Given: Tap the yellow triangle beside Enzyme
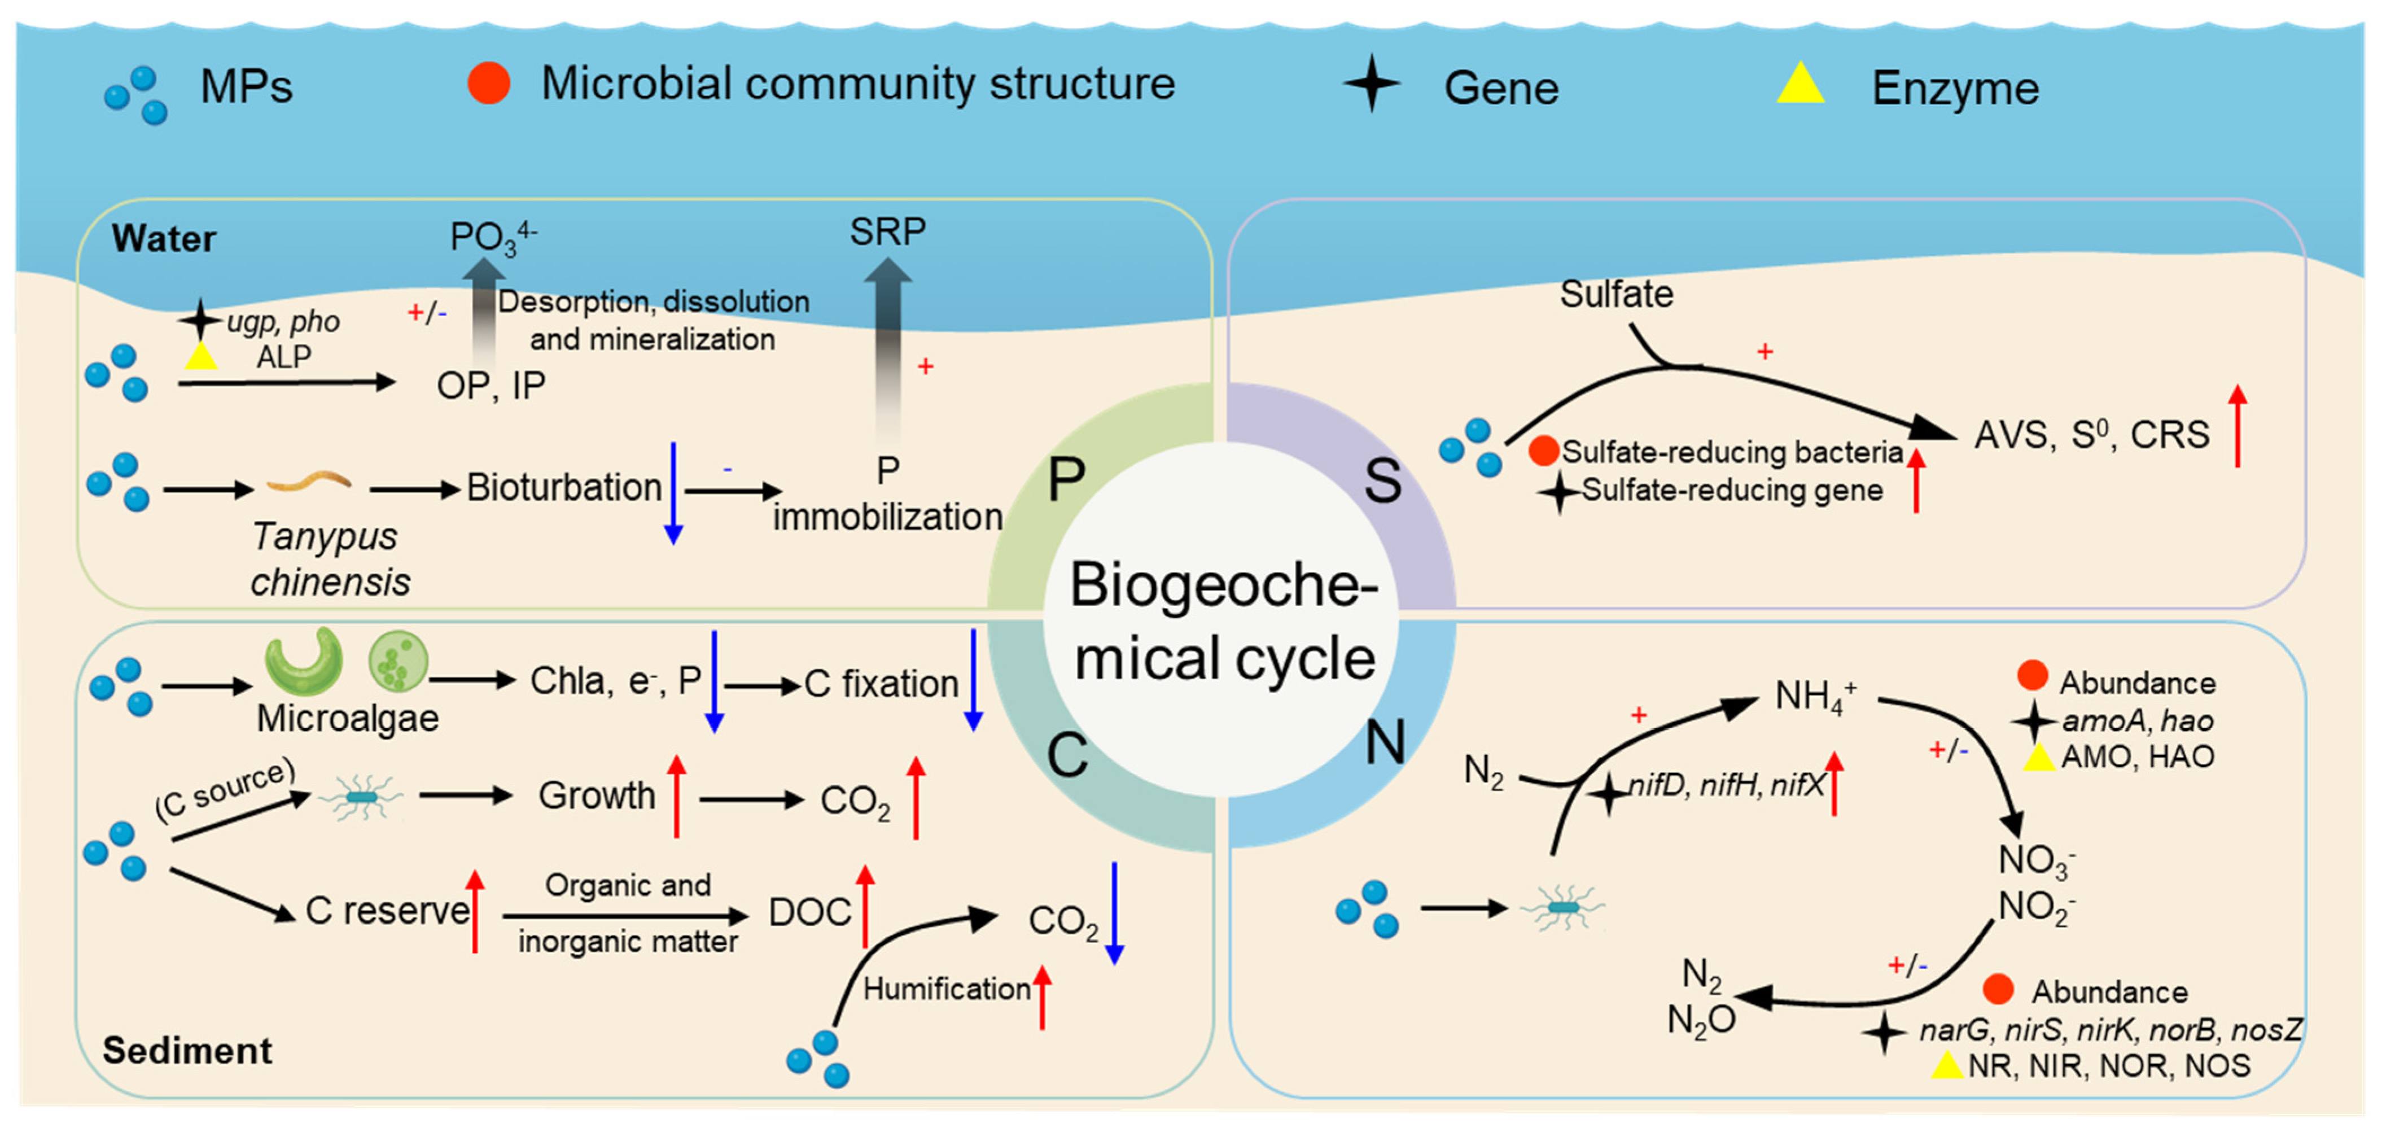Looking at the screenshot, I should [x=1799, y=85].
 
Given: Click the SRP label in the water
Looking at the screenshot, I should [x=887, y=231].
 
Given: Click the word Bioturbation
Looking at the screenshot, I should [x=563, y=487].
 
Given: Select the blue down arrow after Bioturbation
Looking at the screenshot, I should [x=673, y=493].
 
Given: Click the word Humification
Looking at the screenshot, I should [x=946, y=989].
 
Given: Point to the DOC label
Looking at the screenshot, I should [x=809, y=912].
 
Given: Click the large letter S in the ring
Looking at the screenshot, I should [x=1382, y=482].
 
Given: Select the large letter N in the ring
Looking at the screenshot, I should [x=1384, y=742].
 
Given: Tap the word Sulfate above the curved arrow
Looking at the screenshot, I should [x=1615, y=294].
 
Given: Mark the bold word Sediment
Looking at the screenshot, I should [x=187, y=1050].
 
